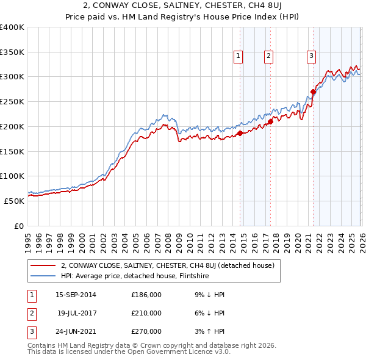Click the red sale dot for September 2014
click(240, 133)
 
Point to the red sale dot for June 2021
click(313, 92)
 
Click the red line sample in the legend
click(43, 265)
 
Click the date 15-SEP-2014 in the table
click(76, 295)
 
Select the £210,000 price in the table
click(146, 313)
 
